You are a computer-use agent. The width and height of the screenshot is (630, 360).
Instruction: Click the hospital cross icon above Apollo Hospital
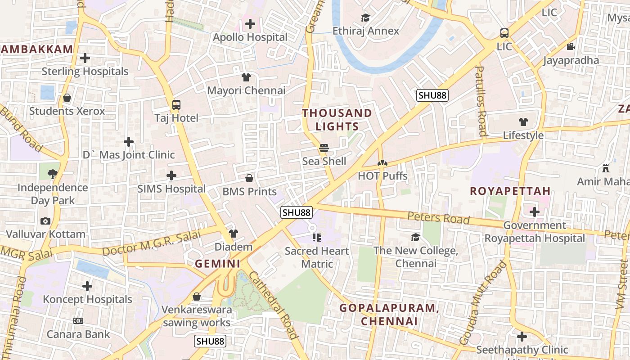(x=250, y=24)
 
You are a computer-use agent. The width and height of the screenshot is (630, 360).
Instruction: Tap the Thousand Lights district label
(x=337, y=120)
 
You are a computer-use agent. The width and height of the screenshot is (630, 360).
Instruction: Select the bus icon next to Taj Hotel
(x=176, y=105)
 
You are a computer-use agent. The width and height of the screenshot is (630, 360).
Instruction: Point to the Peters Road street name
(x=438, y=218)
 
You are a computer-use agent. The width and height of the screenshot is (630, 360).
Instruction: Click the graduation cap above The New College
(x=415, y=237)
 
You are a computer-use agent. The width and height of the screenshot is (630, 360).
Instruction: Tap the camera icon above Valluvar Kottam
(x=45, y=221)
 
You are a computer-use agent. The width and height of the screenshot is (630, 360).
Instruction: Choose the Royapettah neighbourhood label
(x=510, y=191)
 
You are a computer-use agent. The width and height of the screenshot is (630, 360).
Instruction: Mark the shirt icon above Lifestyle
(x=523, y=121)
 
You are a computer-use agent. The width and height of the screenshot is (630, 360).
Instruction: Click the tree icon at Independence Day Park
(x=53, y=174)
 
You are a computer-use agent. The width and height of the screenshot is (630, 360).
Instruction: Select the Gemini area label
(x=218, y=264)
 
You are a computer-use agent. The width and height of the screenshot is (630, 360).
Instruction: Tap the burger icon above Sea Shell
(x=324, y=148)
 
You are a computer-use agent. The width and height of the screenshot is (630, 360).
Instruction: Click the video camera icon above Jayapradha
(x=571, y=47)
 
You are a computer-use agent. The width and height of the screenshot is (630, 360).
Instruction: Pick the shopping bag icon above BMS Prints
(x=249, y=178)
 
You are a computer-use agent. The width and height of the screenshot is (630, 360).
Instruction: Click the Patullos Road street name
(x=481, y=101)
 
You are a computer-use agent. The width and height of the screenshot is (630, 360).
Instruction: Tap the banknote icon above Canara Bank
(x=78, y=321)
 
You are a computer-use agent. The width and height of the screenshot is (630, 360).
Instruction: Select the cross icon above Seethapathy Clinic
(x=522, y=336)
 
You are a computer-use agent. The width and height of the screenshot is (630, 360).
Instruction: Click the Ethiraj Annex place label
(x=365, y=31)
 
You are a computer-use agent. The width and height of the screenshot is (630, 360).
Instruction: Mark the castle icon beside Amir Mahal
(x=606, y=168)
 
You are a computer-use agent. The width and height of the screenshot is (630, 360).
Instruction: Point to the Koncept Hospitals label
(x=87, y=299)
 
